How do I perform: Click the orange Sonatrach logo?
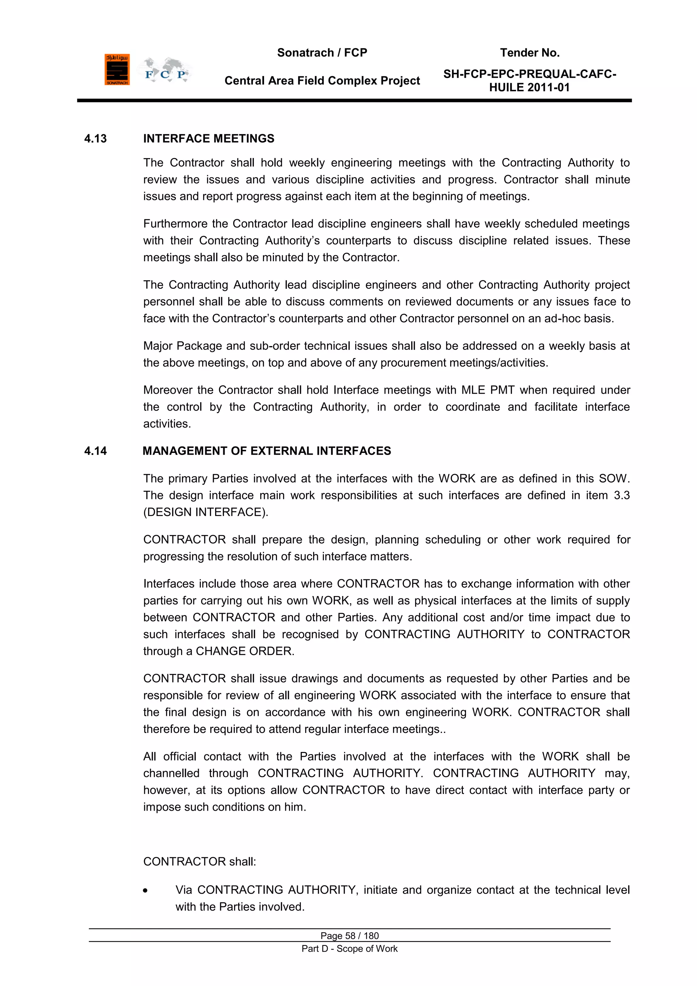click(x=117, y=69)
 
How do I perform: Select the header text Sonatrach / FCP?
click(x=322, y=53)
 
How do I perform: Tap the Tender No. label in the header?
click(x=529, y=53)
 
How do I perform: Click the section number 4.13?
click(x=95, y=139)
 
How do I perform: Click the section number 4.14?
click(x=95, y=451)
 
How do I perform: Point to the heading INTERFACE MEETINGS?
click(x=209, y=139)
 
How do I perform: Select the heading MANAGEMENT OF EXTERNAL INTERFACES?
click(x=266, y=451)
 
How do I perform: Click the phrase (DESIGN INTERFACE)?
click(x=206, y=512)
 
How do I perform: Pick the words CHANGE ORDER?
click(x=245, y=651)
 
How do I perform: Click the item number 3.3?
click(x=621, y=496)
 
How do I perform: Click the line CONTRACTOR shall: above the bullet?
click(x=199, y=861)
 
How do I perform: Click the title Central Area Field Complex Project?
click(x=322, y=81)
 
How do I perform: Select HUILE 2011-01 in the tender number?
click(x=529, y=88)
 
